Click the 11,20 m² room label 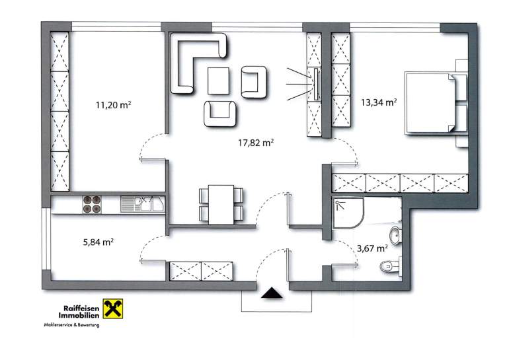113,105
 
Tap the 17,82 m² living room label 256,143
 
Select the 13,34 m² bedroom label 379,102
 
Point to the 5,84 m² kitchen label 98,242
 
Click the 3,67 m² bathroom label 372,248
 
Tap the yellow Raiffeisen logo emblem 113,308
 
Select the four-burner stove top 91,204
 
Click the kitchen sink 143,204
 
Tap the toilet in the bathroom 391,266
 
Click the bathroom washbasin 396,235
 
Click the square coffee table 218,81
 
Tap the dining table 221,204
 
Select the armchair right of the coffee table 254,82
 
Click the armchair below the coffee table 219,114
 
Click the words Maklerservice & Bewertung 72,324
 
